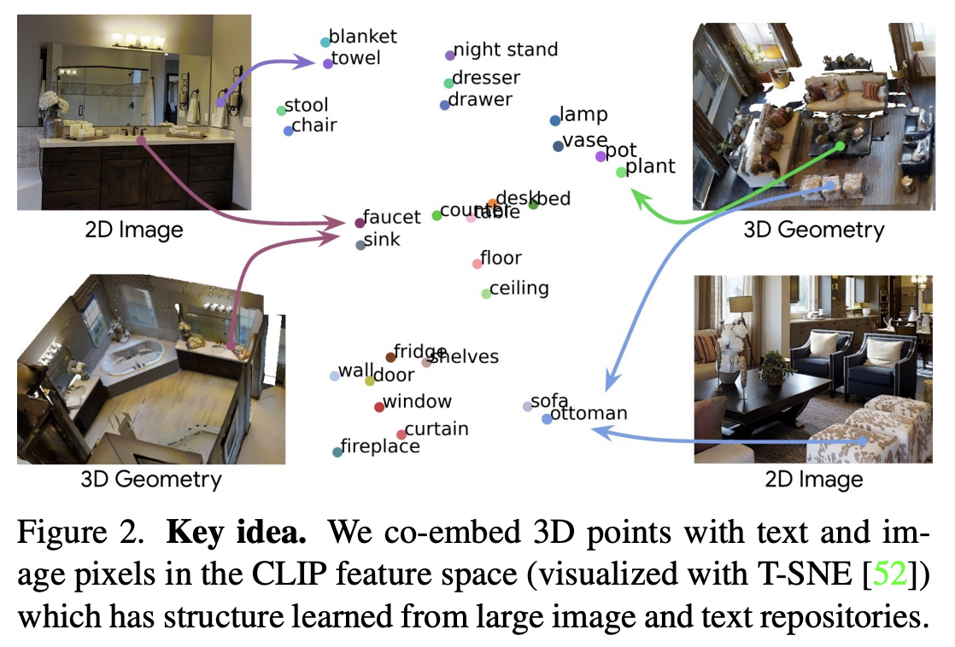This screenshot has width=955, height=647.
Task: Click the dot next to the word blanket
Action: (x=325, y=42)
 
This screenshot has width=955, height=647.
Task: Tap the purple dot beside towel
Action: (x=328, y=63)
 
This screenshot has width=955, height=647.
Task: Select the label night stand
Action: (x=505, y=50)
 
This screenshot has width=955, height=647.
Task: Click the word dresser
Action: (x=485, y=78)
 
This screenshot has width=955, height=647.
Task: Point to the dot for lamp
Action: (x=554, y=120)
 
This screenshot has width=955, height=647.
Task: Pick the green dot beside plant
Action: (x=621, y=172)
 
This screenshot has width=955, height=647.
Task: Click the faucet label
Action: (x=391, y=217)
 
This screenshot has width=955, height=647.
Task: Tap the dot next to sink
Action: (x=360, y=244)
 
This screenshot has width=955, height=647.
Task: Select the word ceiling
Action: (x=519, y=288)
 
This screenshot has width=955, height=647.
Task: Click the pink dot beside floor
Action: (x=477, y=264)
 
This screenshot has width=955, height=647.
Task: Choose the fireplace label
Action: (x=380, y=446)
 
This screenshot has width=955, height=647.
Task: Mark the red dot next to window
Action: (x=379, y=407)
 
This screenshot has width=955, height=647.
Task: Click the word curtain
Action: (x=436, y=428)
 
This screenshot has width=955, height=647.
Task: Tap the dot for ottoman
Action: (x=547, y=419)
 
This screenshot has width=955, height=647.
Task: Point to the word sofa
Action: (x=549, y=401)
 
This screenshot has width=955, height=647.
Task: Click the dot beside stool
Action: (x=281, y=110)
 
